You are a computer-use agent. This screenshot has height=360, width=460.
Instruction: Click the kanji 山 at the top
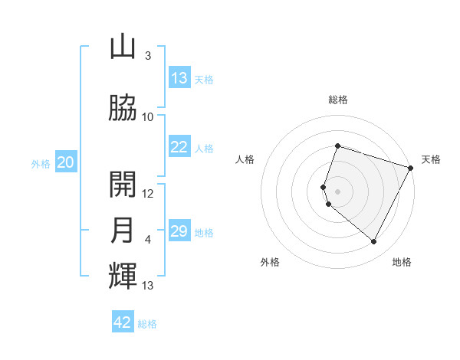(x=123, y=48)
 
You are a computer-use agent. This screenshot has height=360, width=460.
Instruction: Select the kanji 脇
(x=123, y=109)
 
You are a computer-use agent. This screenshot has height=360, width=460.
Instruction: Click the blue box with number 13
(x=179, y=78)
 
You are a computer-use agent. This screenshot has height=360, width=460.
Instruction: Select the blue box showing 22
(x=179, y=147)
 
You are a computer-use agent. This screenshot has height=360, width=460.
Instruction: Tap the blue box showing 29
(x=179, y=231)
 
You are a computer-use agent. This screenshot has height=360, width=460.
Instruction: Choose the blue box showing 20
(x=66, y=162)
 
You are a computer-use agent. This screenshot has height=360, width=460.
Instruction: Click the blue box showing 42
(x=123, y=322)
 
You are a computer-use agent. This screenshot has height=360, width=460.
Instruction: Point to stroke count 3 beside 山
(x=148, y=56)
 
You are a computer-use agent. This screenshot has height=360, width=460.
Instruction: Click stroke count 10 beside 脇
(x=148, y=116)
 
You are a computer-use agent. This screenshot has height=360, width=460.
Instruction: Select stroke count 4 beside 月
(x=148, y=240)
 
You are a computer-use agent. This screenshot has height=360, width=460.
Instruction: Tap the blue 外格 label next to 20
(x=41, y=163)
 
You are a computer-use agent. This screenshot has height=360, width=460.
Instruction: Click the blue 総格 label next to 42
(x=147, y=324)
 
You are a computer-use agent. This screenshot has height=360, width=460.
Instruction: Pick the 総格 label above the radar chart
(x=338, y=100)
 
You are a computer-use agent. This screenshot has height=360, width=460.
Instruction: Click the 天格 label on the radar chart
(x=431, y=159)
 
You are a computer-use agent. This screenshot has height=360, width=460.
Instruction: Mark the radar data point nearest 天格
(x=411, y=168)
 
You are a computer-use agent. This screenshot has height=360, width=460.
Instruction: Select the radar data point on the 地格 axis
(x=374, y=242)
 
